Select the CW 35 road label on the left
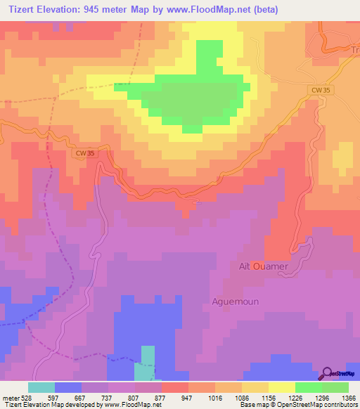(84, 152)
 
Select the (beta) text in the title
(265, 10)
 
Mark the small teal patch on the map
(148, 358)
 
